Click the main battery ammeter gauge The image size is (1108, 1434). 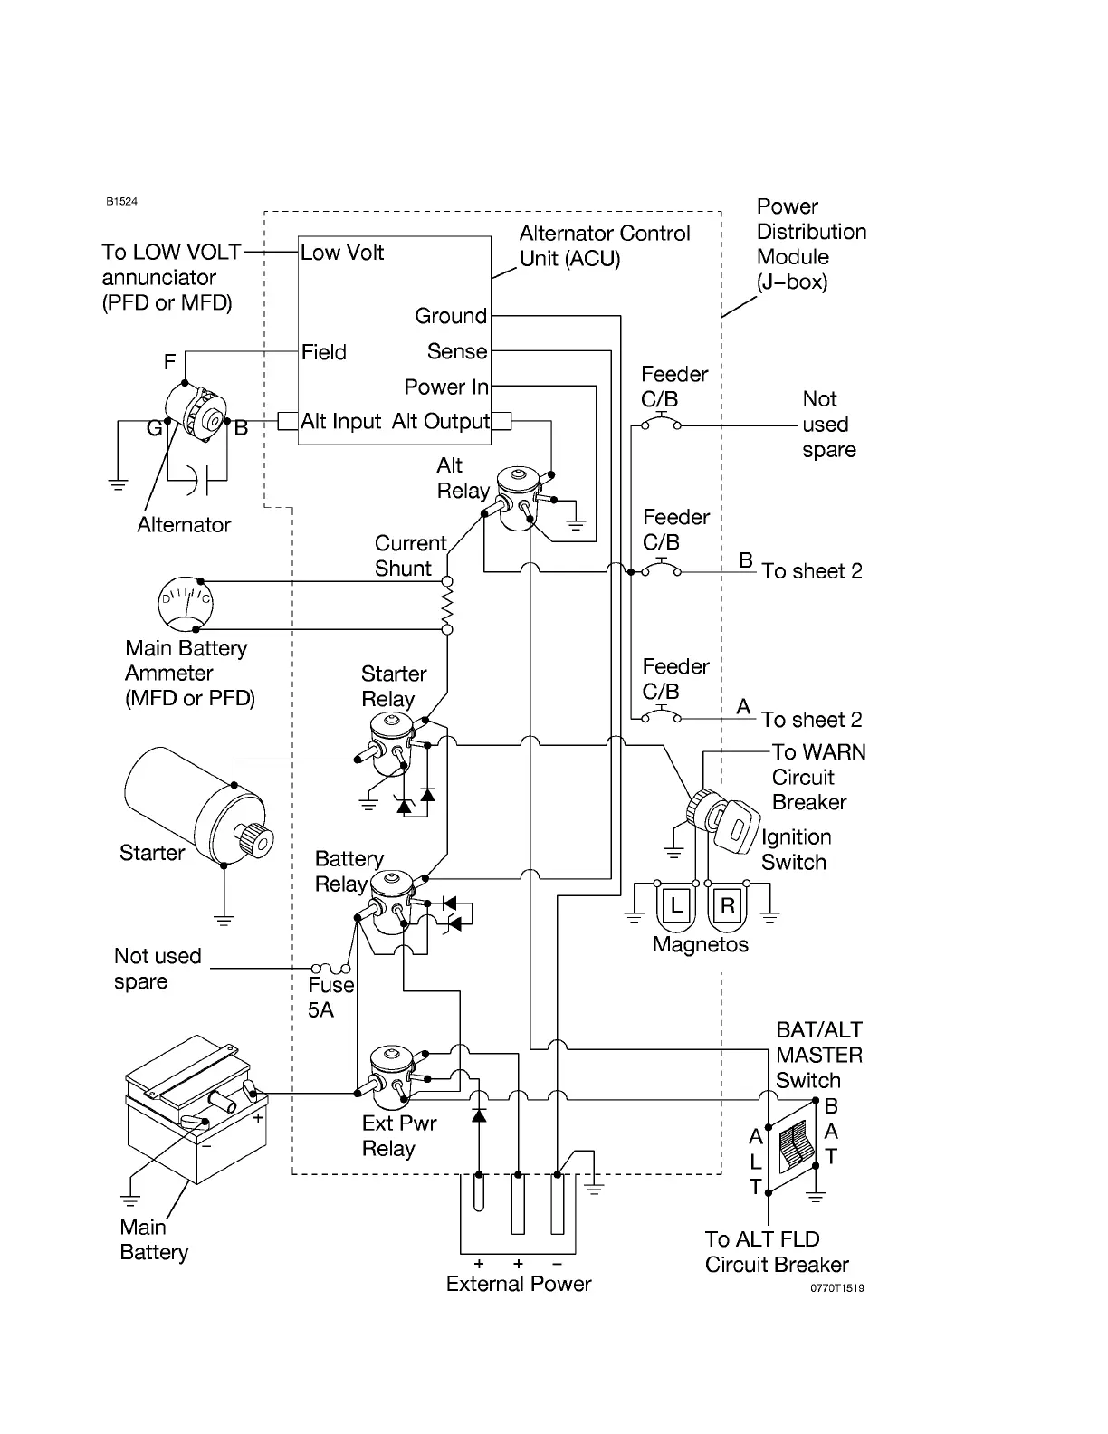tap(186, 603)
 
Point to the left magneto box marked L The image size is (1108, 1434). tap(676, 905)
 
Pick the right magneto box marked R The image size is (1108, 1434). tap(727, 905)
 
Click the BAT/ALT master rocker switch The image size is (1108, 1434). tap(793, 1146)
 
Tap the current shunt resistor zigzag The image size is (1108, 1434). tap(447, 606)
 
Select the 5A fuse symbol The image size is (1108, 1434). tap(330, 968)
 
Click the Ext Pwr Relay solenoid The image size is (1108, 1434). tap(393, 1077)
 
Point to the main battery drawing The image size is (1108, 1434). tap(196, 1109)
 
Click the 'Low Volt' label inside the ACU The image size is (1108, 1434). tap(342, 253)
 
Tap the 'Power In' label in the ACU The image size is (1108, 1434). tap(446, 387)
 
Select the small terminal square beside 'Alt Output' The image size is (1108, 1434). tap(501, 420)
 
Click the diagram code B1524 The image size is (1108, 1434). tap(121, 201)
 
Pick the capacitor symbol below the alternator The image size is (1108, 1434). tap(198, 480)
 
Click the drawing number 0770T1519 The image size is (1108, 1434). tap(836, 1287)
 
